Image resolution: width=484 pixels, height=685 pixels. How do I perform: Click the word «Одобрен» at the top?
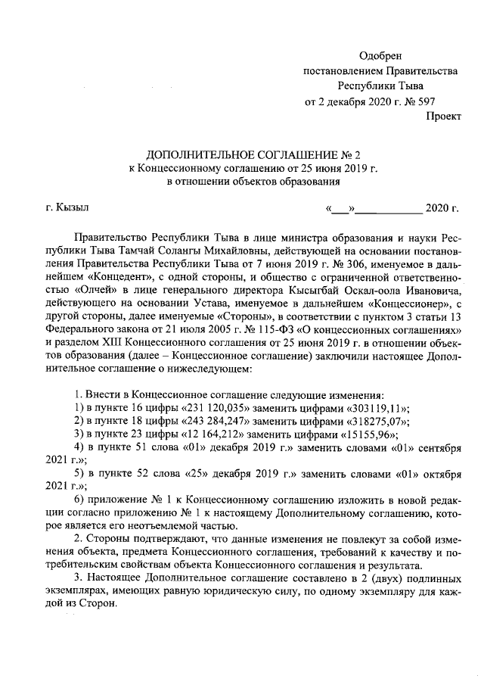(x=382, y=55)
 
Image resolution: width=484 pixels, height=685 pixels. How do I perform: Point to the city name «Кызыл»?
(x=73, y=207)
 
